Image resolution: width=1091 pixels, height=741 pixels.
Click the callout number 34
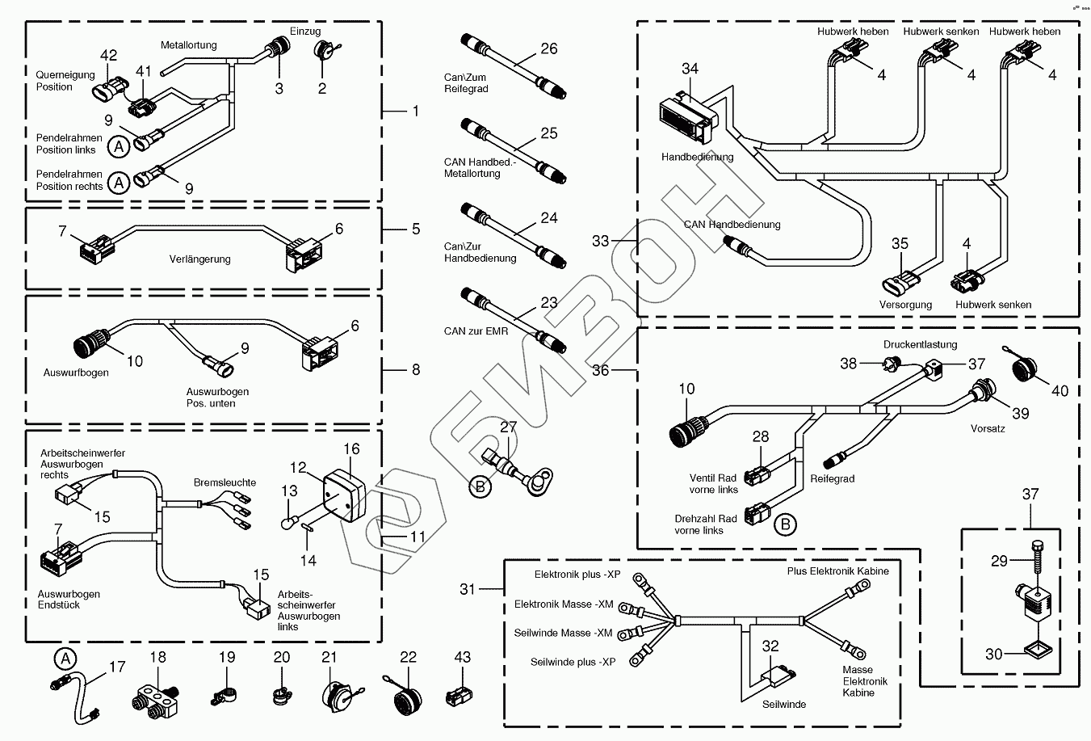click(x=690, y=69)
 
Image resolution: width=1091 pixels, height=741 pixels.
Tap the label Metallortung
click(x=188, y=45)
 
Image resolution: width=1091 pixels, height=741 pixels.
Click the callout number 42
click(x=108, y=55)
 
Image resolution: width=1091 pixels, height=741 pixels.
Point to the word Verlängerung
click(x=199, y=259)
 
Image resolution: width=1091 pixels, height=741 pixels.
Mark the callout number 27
click(x=507, y=427)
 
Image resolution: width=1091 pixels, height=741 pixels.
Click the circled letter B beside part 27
click(x=480, y=486)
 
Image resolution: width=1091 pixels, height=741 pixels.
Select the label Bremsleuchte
click(x=224, y=482)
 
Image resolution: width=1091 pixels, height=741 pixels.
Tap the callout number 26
click(x=548, y=48)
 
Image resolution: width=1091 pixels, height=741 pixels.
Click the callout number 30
click(x=993, y=654)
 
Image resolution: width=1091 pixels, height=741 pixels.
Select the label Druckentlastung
click(x=920, y=344)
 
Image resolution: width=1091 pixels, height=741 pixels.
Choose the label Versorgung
click(x=905, y=305)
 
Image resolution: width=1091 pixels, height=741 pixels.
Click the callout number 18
click(x=157, y=657)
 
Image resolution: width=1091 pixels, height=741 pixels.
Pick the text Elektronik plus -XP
click(x=577, y=575)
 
